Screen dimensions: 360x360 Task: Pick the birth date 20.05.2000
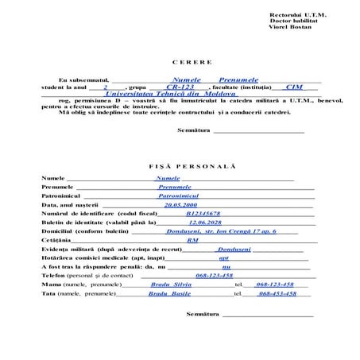[x=180, y=204]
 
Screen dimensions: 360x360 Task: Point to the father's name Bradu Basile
[x=169, y=293]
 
